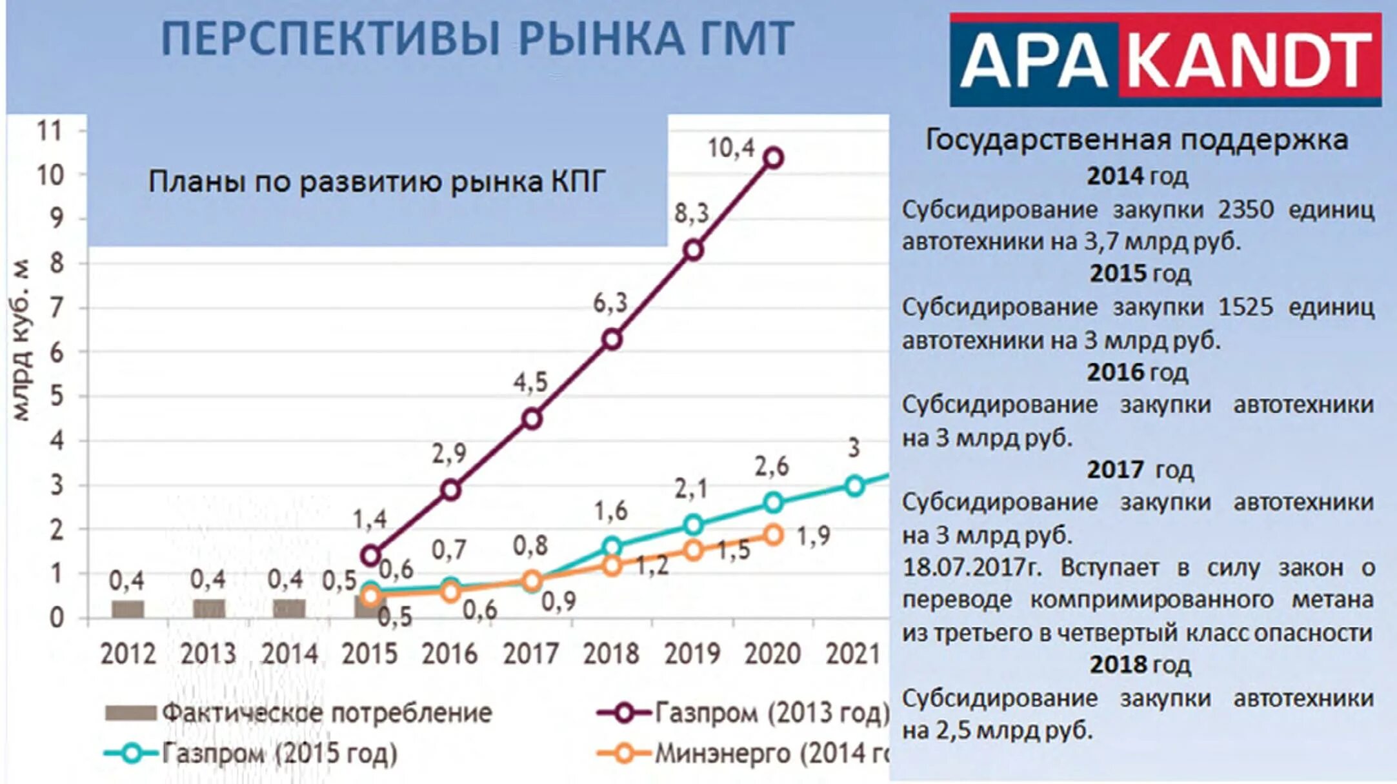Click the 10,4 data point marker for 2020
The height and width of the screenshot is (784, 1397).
point(773,158)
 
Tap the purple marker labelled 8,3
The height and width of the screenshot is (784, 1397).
point(693,250)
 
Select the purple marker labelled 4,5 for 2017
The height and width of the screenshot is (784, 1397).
point(532,419)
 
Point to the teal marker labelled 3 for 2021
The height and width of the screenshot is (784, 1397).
point(854,486)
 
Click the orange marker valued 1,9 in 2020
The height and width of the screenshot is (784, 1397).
point(774,535)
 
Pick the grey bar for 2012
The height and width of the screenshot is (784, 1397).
point(128,608)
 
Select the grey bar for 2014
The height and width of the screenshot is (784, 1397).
point(289,608)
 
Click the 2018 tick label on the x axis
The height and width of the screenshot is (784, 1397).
point(611,654)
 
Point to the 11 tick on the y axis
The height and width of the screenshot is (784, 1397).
point(50,131)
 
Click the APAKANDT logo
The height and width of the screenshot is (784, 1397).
point(1165,60)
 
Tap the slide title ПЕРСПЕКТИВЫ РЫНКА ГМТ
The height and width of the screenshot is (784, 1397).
point(477,39)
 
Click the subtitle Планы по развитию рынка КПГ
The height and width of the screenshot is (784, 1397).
point(377,182)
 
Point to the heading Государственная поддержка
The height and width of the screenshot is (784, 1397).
point(1137,140)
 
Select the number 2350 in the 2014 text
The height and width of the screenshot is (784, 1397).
point(1245,210)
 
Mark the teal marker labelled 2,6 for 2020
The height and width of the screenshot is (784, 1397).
point(774,502)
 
